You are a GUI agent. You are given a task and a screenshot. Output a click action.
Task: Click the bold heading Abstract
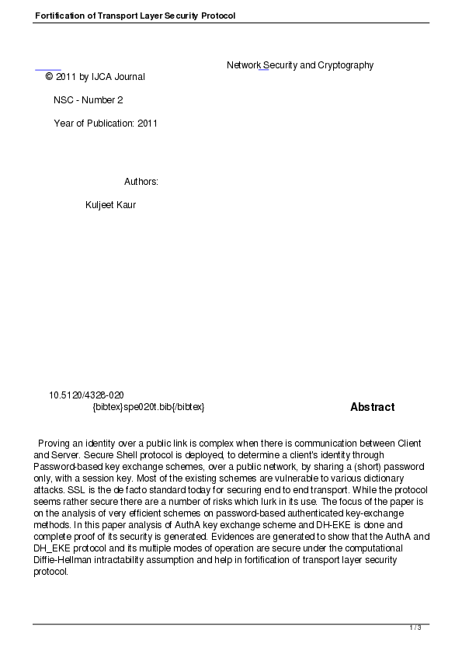[x=372, y=407]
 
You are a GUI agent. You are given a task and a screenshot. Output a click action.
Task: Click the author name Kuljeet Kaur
[x=110, y=205]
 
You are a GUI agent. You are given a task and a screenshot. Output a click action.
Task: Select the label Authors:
[x=141, y=182]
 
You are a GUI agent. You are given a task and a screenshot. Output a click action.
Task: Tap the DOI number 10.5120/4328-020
[x=86, y=395]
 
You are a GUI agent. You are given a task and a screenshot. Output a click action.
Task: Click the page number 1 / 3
[x=415, y=628]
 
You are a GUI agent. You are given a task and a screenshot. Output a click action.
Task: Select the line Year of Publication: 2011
[x=106, y=123]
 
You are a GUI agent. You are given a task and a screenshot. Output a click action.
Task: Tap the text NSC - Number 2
[x=88, y=100]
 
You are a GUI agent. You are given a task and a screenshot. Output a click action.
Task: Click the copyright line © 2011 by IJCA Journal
[x=95, y=77]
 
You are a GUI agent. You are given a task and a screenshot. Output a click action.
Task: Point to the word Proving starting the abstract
[x=54, y=444]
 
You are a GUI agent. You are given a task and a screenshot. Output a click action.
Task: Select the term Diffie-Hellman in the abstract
[x=65, y=560]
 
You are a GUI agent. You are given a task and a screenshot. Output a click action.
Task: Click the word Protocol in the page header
[x=217, y=16]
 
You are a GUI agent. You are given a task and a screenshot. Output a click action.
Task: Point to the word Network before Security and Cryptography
[x=243, y=65]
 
